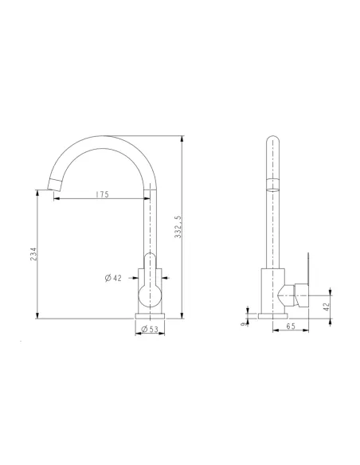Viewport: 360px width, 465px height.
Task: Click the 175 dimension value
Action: (102, 194)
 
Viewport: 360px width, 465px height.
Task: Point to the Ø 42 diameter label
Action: (112, 278)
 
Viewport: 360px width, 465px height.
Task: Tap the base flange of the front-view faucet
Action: (149, 317)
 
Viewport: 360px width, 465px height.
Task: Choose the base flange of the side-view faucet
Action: (273, 317)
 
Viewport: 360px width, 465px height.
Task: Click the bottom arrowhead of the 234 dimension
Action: (37, 316)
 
